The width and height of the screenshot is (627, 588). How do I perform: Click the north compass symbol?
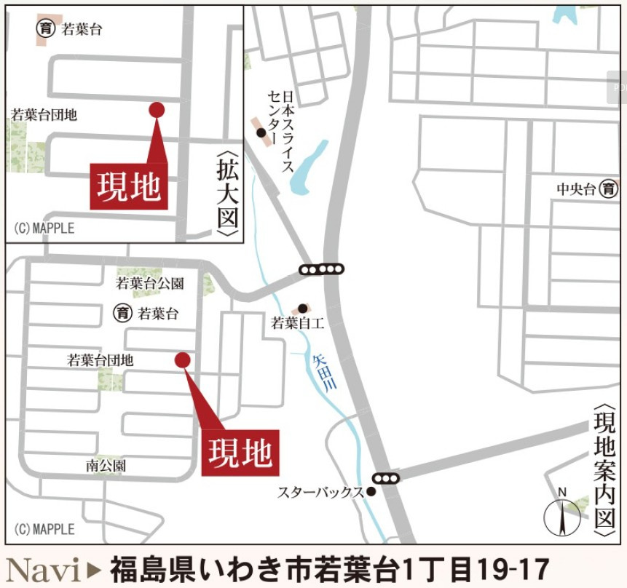[x=562, y=514]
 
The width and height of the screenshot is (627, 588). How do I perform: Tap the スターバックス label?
[x=320, y=492]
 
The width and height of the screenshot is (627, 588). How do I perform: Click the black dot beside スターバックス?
[x=371, y=491]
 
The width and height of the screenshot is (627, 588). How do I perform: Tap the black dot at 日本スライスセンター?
[x=261, y=132]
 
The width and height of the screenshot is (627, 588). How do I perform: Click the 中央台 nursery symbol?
[x=609, y=189]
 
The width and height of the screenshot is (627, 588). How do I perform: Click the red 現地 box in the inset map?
[x=129, y=187]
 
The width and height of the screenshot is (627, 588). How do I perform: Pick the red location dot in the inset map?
[x=157, y=109]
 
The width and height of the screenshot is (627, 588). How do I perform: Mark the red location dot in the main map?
[x=183, y=359]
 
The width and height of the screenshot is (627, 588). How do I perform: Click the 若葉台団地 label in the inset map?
[x=44, y=114]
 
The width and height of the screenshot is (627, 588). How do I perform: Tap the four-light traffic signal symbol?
[x=321, y=269]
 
